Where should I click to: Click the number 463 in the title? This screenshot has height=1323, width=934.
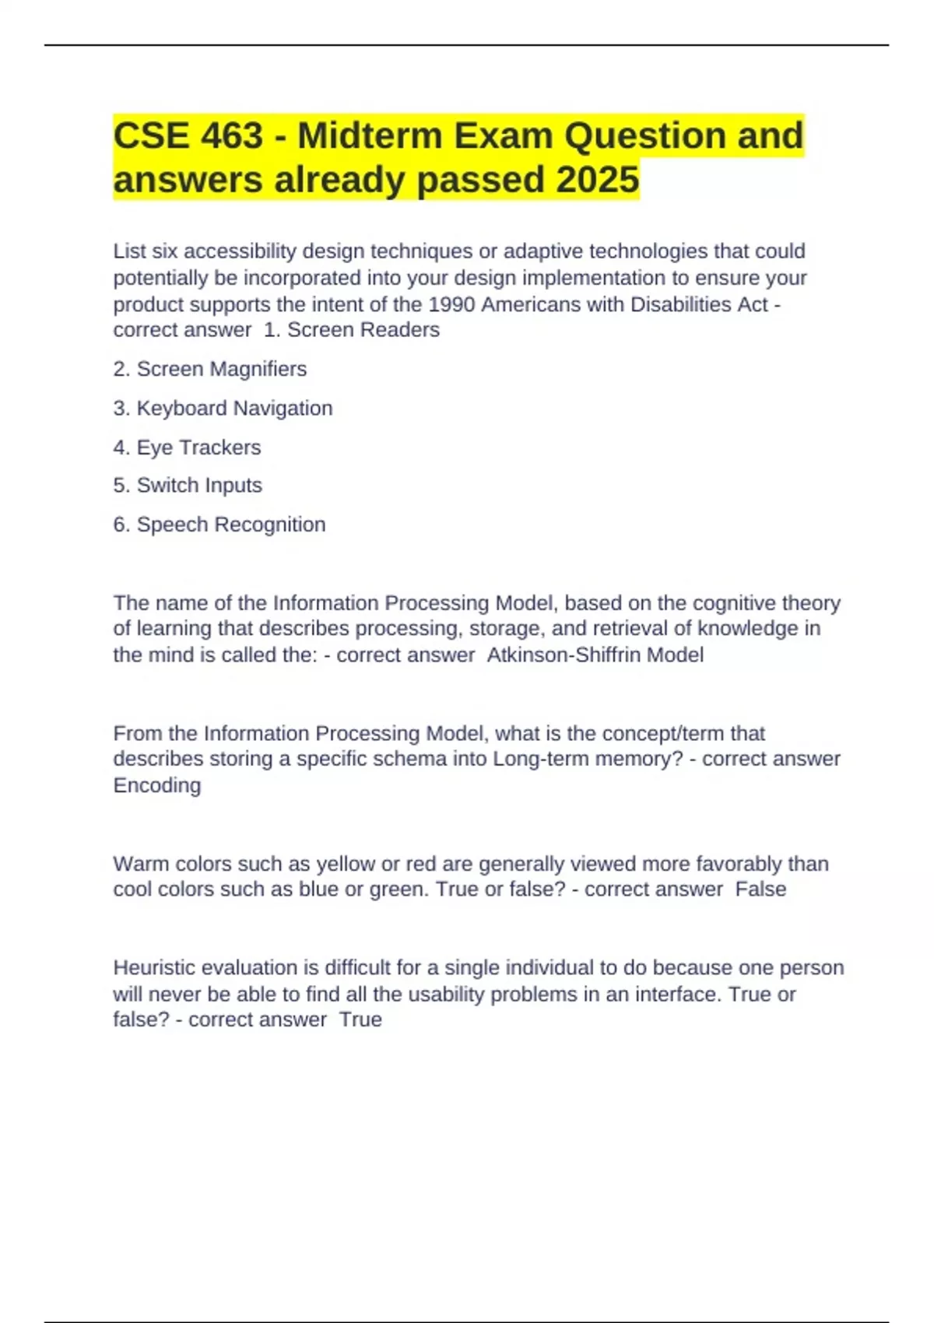pos(232,136)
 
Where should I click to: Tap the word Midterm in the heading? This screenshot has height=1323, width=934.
pos(370,136)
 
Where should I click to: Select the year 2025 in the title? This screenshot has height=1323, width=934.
pos(597,181)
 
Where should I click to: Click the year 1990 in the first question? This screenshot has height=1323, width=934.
pos(452,304)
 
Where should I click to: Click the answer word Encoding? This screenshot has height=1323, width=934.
pos(157,785)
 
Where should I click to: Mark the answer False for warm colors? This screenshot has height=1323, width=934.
pos(760,889)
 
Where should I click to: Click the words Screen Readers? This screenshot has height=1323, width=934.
pos(363,330)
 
